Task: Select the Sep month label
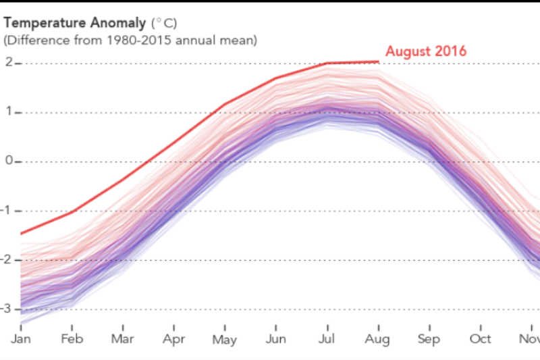coord(429,338)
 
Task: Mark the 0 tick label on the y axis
coord(8,161)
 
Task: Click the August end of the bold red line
coord(379,62)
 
